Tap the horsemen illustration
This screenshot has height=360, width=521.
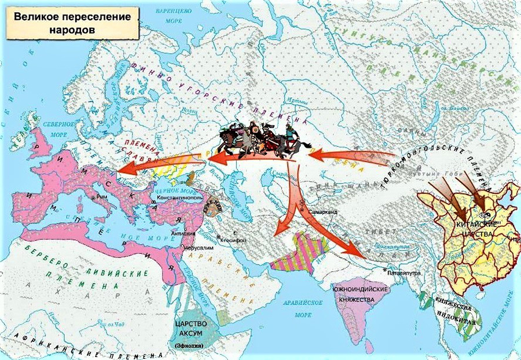[x=258, y=141]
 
